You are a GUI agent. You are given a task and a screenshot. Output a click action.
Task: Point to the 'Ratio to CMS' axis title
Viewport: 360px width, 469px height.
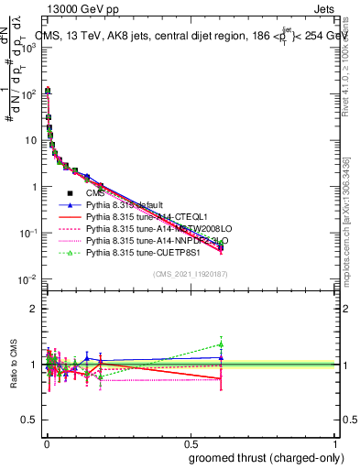(x=12, y=365)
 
